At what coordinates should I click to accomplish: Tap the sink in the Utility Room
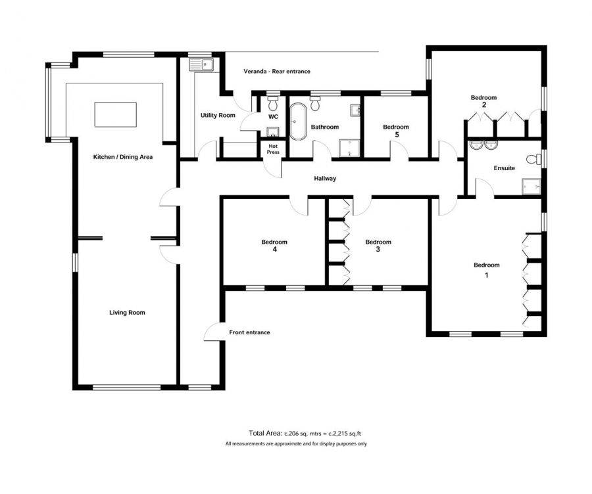[201, 64]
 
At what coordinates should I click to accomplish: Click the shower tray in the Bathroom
[349, 148]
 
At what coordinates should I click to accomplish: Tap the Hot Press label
[273, 149]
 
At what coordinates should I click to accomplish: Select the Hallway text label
[325, 178]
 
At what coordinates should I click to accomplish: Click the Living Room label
[127, 313]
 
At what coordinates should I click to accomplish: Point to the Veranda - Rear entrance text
[276, 71]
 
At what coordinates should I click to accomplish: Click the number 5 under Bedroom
[396, 135]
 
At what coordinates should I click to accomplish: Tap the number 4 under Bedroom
[274, 250]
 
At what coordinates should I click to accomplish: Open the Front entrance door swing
[213, 333]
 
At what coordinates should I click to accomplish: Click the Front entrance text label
[249, 332]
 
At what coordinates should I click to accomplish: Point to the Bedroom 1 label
[487, 269]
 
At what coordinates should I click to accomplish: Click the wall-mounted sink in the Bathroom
[355, 109]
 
